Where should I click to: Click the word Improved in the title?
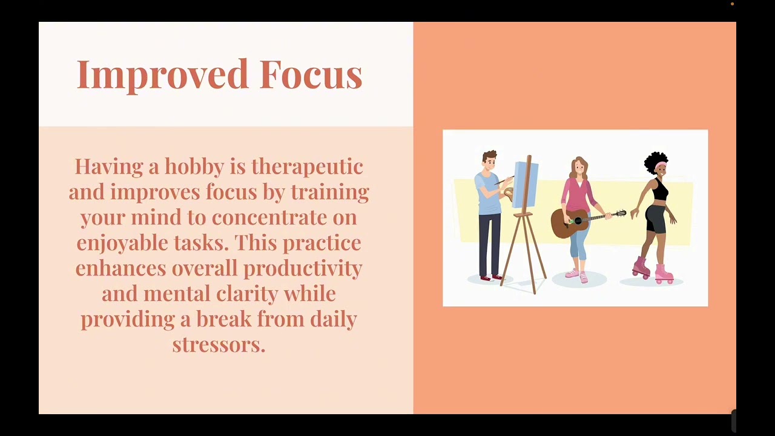pyautogui.click(x=163, y=74)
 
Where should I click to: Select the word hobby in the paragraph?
pyautogui.click(x=194, y=167)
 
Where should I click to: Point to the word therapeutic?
pyautogui.click(x=307, y=167)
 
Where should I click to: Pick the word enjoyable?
pyautogui.click(x=122, y=243)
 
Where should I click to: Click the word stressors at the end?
pyautogui.click(x=219, y=345)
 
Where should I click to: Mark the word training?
pyautogui.click(x=329, y=192)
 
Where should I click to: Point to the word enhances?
pyautogui.click(x=120, y=268)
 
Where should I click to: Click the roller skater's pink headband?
pyautogui.click(x=660, y=165)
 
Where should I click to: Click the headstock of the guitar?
pyautogui.click(x=621, y=213)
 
